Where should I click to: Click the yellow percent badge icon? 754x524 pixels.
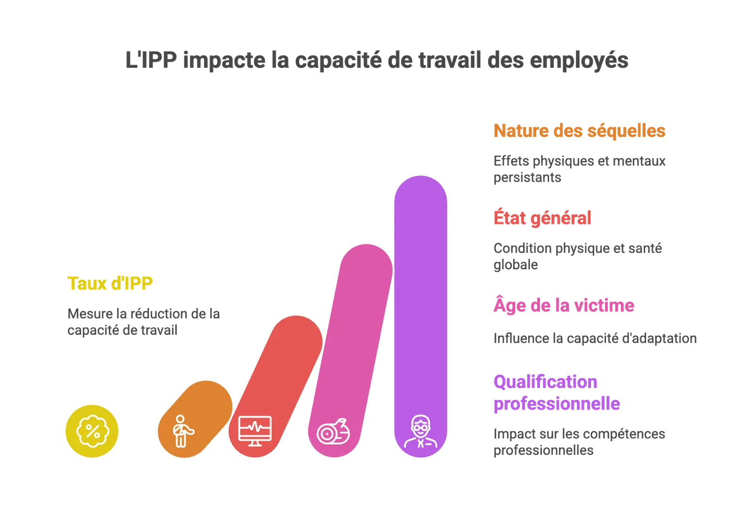pos(92,431)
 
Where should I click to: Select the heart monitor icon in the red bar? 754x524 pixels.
pos(255,431)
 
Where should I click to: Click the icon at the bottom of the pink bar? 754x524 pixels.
pos(333,432)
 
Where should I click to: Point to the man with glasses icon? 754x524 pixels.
pos(421,431)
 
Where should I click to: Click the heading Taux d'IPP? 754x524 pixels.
pos(110,283)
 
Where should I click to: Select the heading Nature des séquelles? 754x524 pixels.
pos(579,131)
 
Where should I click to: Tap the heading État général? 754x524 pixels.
pos(542,218)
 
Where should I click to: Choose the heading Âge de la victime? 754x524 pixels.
pos(564,305)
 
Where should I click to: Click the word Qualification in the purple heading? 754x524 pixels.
pos(545,382)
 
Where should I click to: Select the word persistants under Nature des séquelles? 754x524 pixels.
pos(527,177)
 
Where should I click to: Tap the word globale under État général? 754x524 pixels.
pos(516,265)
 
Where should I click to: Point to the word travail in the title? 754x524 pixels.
pos(450,60)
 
